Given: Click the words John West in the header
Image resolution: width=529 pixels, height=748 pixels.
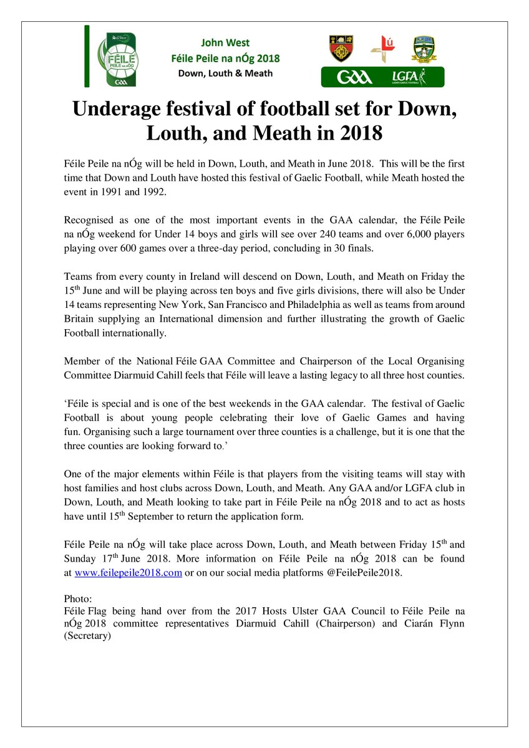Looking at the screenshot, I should (225, 43).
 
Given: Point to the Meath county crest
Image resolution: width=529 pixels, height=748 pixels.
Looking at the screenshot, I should (424, 48).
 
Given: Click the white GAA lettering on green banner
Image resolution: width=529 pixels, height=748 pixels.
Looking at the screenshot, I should (354, 77).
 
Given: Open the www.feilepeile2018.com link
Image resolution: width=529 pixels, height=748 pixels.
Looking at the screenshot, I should (128, 573).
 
